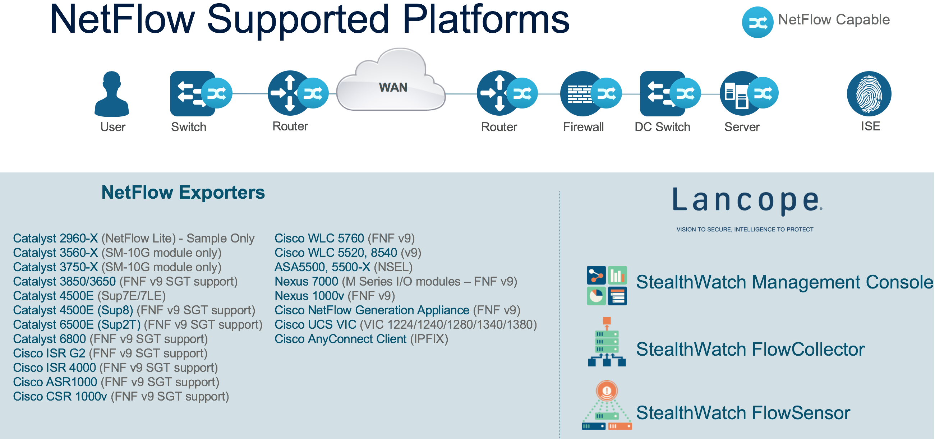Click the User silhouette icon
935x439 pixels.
click(112, 94)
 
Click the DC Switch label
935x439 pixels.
click(663, 127)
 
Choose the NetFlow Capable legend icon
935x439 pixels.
click(757, 22)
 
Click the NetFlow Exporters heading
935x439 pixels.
click(183, 192)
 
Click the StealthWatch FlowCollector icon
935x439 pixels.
click(607, 341)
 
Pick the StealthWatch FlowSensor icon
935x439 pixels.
click(607, 405)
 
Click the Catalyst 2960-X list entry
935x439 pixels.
click(134, 239)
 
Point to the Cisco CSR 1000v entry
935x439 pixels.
click(121, 397)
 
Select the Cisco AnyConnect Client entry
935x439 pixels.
click(361, 339)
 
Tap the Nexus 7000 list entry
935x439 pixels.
click(396, 282)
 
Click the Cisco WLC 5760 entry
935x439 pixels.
click(345, 239)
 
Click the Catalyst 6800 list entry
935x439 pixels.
click(111, 339)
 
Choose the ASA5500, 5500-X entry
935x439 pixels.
click(344, 267)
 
